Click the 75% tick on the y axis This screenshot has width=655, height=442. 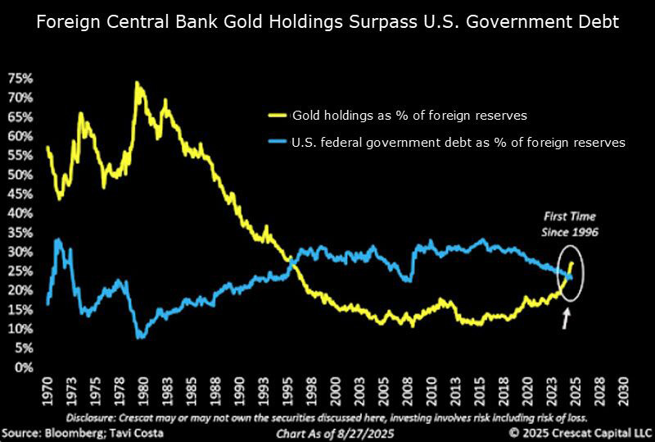pyautogui.click(x=20, y=78)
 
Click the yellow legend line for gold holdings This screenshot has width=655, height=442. pyautogui.click(x=278, y=116)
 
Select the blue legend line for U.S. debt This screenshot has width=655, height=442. pyautogui.click(x=278, y=142)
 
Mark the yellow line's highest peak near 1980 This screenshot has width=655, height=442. pyautogui.click(x=136, y=83)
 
